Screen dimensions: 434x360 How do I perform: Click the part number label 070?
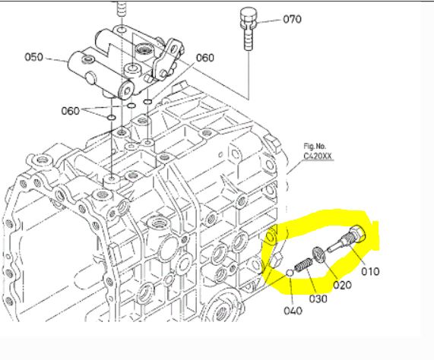click(x=293, y=19)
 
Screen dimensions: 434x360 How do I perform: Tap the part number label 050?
click(x=34, y=57)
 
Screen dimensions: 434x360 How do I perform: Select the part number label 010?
click(x=370, y=272)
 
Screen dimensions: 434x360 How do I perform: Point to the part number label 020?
click(x=342, y=285)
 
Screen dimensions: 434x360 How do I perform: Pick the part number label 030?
click(x=318, y=298)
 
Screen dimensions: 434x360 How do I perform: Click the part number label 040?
click(x=293, y=311)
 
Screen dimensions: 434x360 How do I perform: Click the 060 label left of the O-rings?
click(x=70, y=111)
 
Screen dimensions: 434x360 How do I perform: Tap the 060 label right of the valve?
click(x=205, y=58)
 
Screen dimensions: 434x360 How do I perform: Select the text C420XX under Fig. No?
click(x=318, y=156)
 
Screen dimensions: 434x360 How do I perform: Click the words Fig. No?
click(x=315, y=146)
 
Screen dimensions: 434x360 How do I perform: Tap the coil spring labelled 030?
click(x=303, y=265)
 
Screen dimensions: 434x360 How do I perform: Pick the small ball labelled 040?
click(x=290, y=273)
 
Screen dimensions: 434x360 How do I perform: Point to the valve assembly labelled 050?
click(x=125, y=65)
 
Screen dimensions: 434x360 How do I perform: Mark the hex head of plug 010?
click(x=358, y=233)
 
